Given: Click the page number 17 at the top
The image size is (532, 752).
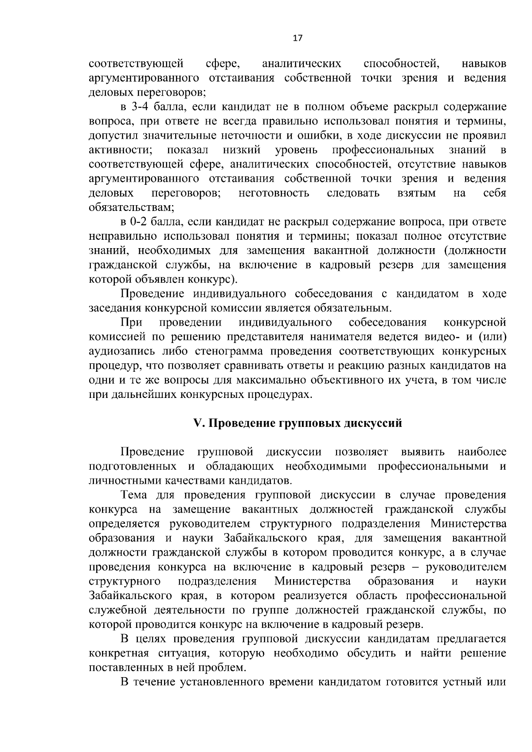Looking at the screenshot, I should pos(297,38).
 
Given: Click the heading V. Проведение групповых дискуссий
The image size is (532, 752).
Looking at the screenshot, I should pos(297,423).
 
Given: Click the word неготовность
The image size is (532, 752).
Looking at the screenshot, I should pos(274,193).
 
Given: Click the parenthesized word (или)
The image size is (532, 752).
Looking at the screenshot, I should pos(492,337).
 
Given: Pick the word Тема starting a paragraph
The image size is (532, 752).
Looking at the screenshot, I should pos(134,495).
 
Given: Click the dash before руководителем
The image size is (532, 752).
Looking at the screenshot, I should pos(417,567).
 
